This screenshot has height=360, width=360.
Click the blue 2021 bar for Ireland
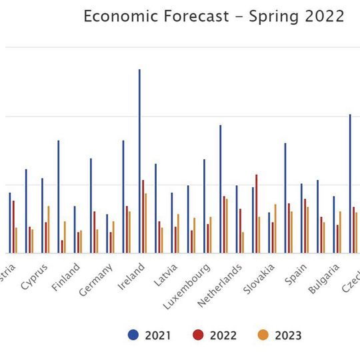point(139,160)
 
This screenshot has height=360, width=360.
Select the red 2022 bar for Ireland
point(143,217)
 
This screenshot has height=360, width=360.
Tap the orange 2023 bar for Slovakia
point(275,229)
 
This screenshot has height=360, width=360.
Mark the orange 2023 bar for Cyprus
point(49,229)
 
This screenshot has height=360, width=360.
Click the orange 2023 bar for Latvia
point(178,233)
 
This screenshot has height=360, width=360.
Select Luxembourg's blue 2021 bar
point(204,206)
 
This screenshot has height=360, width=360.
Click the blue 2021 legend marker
point(133,335)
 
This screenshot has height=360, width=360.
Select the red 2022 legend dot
point(198,335)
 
